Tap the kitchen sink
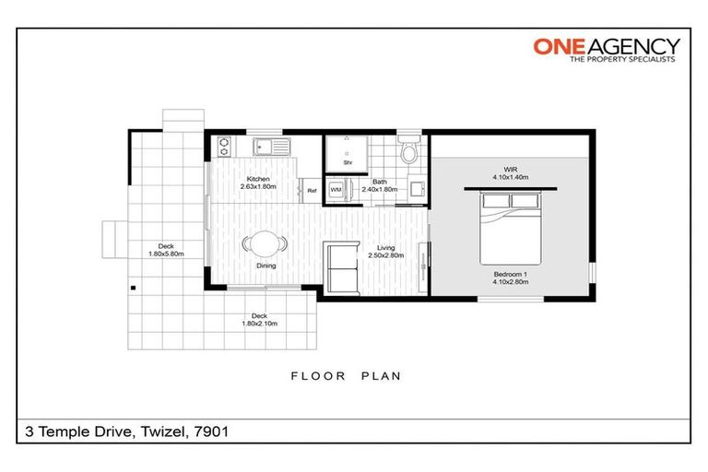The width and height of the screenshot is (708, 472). [271, 147]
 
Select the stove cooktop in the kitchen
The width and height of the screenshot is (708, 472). [222, 147]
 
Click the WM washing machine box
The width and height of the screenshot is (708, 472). [336, 189]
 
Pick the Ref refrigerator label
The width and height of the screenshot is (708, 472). [312, 191]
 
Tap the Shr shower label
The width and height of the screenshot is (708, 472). [348, 162]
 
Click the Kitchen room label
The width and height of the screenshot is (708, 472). [258, 179]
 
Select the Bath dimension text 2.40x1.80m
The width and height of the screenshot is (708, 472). [379, 189]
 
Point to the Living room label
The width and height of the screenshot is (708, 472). [386, 247]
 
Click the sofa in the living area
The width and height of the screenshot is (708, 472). [338, 267]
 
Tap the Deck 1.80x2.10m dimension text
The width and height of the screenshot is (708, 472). [259, 324]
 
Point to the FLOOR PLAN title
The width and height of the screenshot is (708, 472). [346, 376]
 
